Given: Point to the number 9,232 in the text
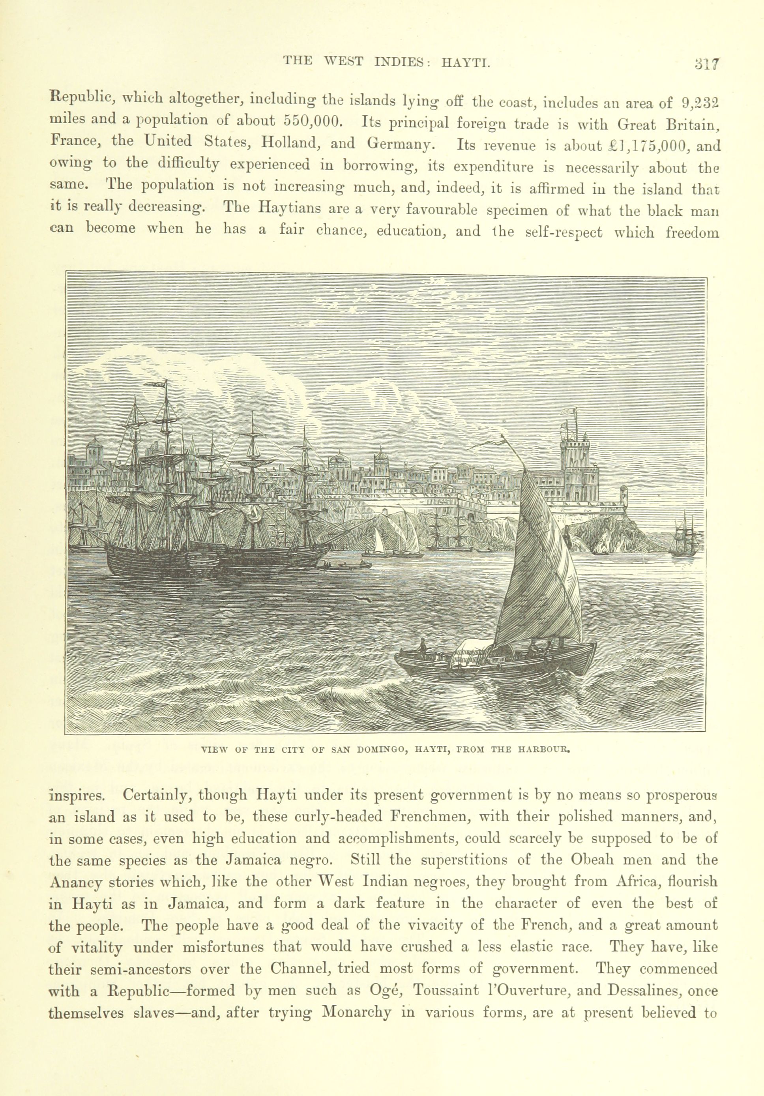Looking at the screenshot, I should (700, 103).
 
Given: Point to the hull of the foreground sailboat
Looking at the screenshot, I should (496, 663).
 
